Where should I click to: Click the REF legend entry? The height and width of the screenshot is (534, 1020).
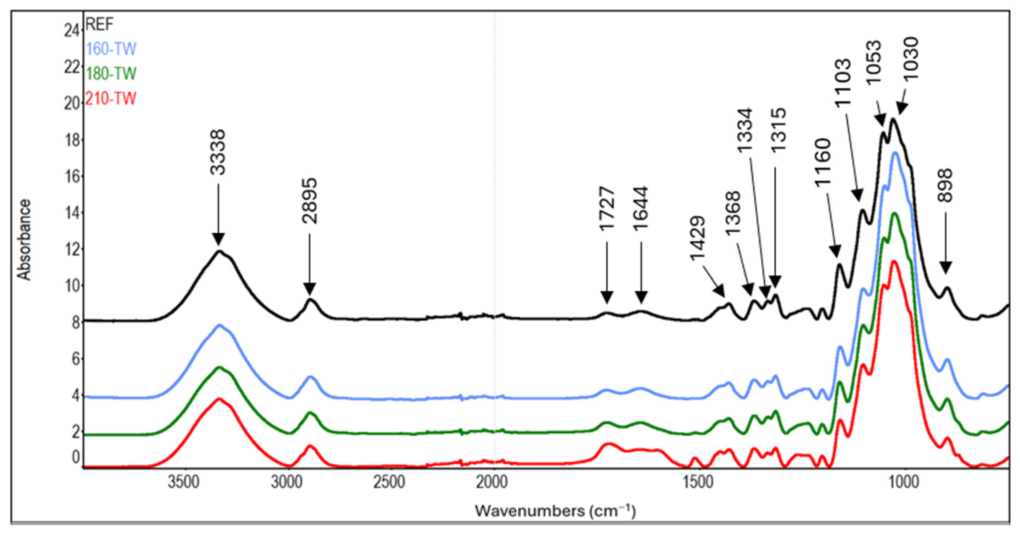[x=100, y=25]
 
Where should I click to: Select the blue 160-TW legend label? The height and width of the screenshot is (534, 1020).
[x=111, y=49]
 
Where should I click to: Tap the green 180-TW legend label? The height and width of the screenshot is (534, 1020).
[x=111, y=74]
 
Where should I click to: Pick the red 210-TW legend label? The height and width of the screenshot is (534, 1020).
[x=111, y=99]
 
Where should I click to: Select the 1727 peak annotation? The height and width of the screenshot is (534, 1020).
[x=607, y=209]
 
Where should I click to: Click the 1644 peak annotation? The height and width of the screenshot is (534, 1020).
[x=641, y=208]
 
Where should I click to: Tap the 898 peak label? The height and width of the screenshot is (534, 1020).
[x=945, y=185]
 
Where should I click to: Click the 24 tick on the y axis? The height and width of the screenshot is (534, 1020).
[x=72, y=31]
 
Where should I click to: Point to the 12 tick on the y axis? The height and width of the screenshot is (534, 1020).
[x=72, y=249]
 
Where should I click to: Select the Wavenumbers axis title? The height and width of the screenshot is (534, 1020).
[x=555, y=511]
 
